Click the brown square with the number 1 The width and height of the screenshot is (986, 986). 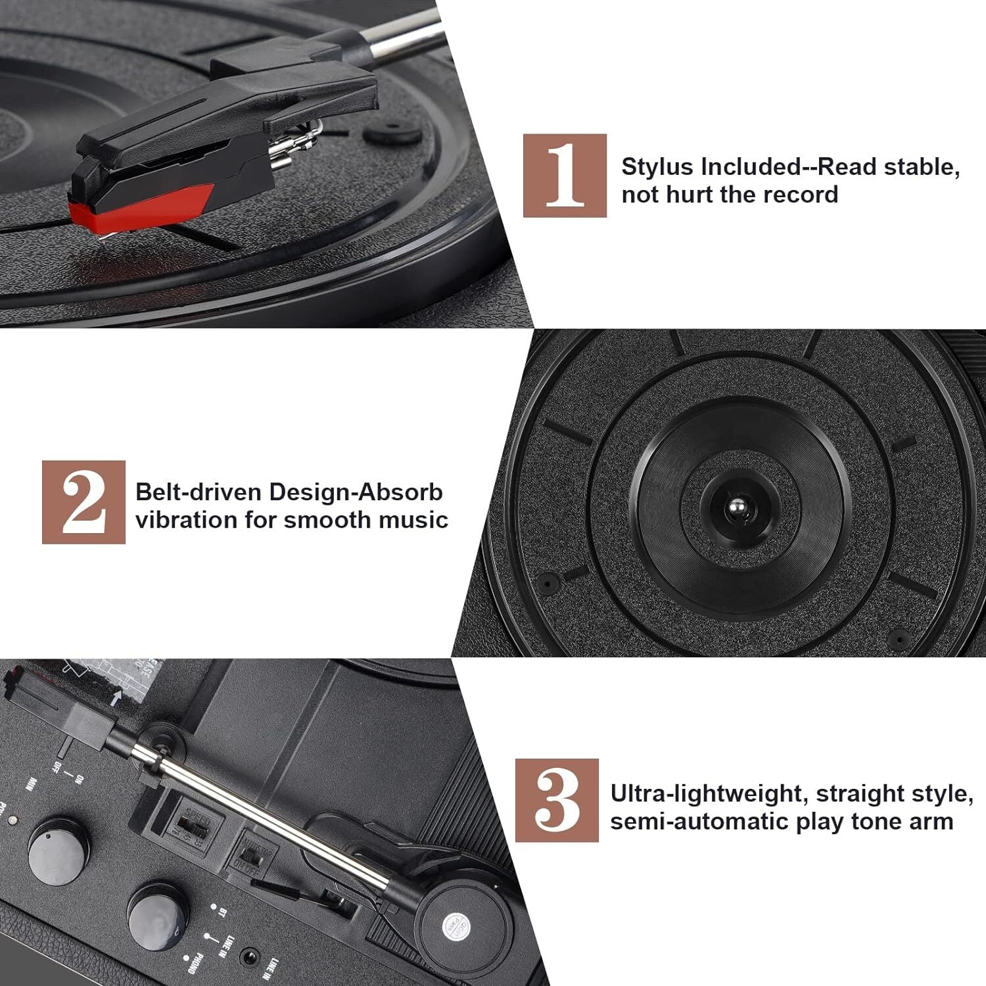565,176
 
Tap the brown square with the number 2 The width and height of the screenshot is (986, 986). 83,502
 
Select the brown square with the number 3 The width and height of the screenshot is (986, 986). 557,800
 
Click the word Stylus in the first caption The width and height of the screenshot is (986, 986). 658,167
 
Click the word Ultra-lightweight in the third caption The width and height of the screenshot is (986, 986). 701,793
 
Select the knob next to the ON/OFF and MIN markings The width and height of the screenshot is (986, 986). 59,844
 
